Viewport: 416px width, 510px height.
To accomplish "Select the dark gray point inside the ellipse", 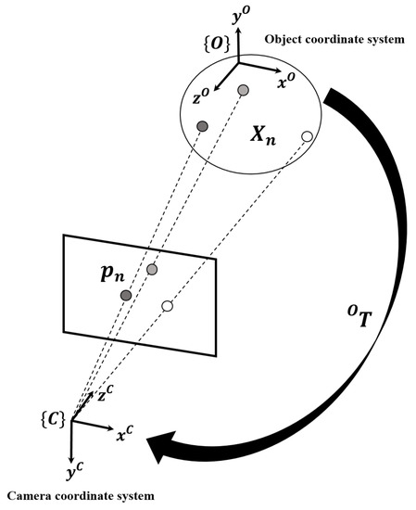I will coord(202,125).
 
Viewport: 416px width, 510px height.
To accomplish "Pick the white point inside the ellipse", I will coord(306,137).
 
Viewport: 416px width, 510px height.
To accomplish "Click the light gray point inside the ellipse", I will coord(243,90).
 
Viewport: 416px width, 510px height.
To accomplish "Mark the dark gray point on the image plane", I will coord(126,295).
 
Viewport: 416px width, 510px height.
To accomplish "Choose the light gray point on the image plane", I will coord(152,269).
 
